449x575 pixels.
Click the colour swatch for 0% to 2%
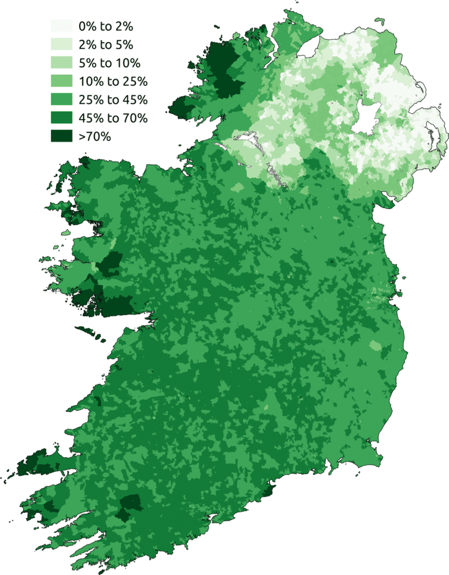(62, 26)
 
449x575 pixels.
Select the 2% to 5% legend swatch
(62, 44)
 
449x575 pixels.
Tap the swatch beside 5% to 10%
(62, 63)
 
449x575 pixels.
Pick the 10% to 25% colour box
(62, 81)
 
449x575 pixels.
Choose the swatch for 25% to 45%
(62, 100)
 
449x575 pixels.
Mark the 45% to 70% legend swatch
(62, 118)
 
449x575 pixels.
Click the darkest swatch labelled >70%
(62, 136)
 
